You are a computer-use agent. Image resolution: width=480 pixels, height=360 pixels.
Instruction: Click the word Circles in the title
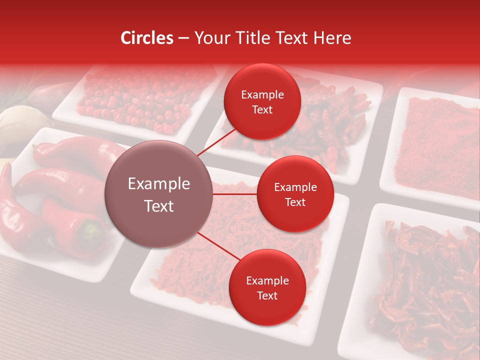[x=146, y=38]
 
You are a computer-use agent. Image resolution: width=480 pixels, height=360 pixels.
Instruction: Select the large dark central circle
[x=158, y=194]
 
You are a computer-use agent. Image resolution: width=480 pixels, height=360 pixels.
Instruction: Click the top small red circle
[x=262, y=102]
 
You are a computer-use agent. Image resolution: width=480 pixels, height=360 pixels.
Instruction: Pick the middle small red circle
[x=295, y=194]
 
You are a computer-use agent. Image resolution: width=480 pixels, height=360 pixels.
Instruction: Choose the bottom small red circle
[x=267, y=288]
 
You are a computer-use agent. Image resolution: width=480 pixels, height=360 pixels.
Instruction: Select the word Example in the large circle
[x=158, y=184]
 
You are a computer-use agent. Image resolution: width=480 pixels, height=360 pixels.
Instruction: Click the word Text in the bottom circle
[x=267, y=295]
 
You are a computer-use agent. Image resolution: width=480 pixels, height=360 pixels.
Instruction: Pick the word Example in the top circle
[x=262, y=95]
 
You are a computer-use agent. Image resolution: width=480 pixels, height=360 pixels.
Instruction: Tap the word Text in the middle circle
[x=295, y=202]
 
